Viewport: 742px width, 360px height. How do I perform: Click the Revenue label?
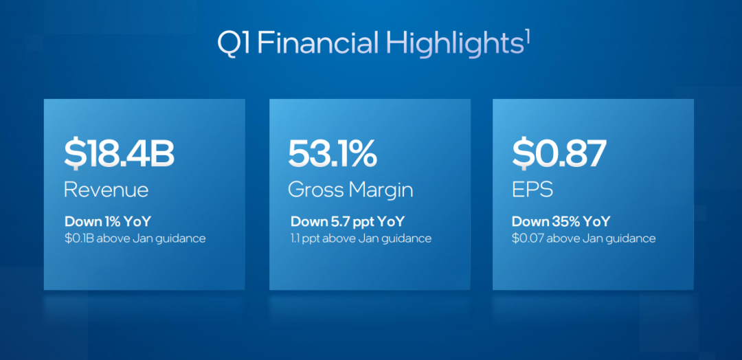coord(106,190)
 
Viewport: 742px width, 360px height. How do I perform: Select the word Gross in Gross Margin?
coord(316,190)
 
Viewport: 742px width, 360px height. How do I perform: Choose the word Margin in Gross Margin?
coord(381,190)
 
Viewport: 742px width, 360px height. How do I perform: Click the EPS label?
coord(532,190)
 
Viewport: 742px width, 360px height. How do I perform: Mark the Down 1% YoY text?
coord(107,221)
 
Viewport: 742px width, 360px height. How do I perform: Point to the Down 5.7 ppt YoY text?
coord(348,221)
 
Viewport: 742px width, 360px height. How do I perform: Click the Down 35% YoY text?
coord(561,221)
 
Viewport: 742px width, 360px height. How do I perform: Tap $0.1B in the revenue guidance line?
coord(78,238)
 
